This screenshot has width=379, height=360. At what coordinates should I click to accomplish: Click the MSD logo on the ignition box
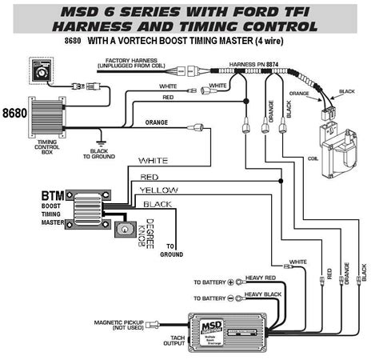point(212,326)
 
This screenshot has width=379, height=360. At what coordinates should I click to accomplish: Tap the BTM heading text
point(53,196)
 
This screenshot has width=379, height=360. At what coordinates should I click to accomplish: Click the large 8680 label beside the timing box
point(14,113)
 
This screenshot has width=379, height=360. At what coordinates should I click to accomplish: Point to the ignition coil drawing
point(338,150)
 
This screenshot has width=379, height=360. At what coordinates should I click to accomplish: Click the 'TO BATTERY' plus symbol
point(231,282)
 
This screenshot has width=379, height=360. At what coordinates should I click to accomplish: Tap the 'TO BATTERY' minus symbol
point(231,298)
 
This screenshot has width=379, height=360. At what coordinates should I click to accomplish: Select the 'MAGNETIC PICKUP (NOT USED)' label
point(119,325)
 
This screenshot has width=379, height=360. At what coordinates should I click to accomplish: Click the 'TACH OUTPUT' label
point(174,341)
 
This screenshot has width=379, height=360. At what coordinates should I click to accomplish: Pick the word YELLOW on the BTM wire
point(159,190)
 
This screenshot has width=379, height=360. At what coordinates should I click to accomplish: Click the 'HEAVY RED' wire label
point(261,278)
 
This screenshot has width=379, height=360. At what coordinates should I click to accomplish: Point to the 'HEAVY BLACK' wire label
point(263,294)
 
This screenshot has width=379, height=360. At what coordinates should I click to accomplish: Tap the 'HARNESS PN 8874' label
point(253,64)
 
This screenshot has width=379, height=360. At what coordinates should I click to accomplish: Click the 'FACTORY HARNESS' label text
point(131,61)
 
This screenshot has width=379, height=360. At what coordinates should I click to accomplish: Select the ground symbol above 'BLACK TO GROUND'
point(101,143)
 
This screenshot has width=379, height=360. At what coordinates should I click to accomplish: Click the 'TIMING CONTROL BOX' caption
point(47,147)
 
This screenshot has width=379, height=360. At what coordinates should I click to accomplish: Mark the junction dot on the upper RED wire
point(246,102)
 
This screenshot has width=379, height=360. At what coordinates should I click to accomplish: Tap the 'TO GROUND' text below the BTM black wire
point(171,250)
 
